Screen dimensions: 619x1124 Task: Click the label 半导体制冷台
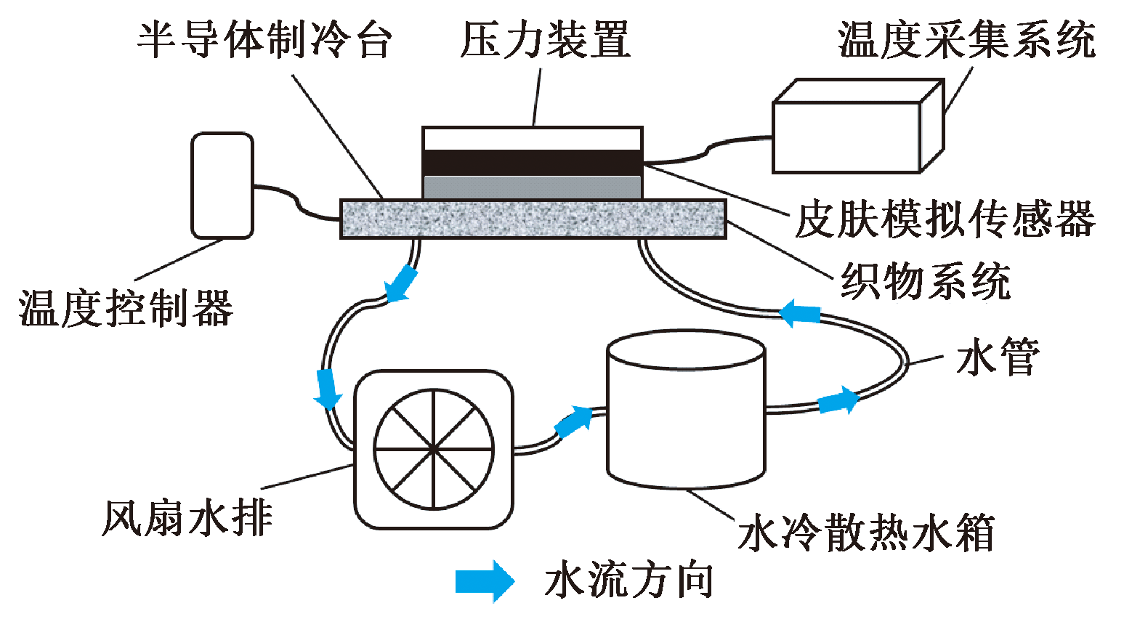click(264, 39)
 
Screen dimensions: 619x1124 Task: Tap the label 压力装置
click(545, 39)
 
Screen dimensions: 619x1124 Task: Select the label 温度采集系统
click(966, 39)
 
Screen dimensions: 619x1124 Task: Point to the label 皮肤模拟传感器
click(945, 219)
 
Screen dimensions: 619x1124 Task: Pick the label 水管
click(998, 357)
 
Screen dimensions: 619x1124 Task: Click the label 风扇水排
click(187, 518)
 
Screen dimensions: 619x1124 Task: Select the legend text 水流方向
click(629, 580)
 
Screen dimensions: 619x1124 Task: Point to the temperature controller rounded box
click(222, 185)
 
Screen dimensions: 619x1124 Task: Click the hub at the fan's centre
click(434, 449)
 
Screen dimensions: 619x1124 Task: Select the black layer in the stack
click(533, 163)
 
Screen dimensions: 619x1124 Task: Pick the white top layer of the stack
click(533, 139)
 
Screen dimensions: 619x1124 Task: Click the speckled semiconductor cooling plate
click(533, 219)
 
